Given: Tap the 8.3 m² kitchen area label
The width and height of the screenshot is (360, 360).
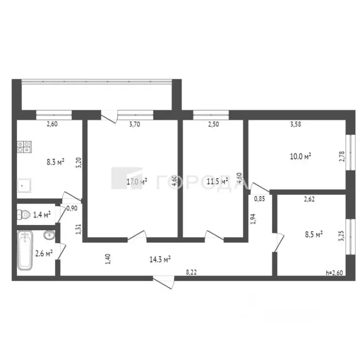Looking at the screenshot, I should [55, 162].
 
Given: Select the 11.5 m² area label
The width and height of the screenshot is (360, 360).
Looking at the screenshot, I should [218, 180].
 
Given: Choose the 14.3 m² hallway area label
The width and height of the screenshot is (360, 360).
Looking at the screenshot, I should [160, 258].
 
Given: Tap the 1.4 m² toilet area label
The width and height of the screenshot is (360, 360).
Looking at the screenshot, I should [42, 215].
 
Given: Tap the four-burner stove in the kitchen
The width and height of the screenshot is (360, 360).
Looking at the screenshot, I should [24, 147].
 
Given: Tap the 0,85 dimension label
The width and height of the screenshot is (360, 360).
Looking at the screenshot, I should [259, 199].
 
